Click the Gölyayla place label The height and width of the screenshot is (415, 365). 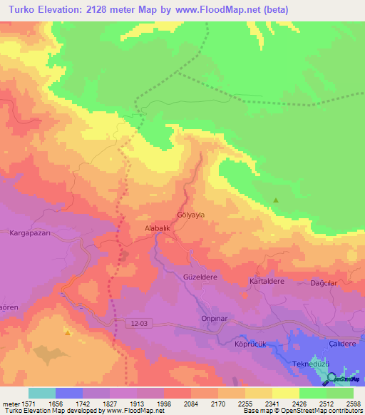pyautogui.click(x=190, y=214)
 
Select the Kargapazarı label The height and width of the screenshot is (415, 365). pyautogui.click(x=32, y=233)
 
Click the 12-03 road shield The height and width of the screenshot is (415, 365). pyautogui.click(x=141, y=323)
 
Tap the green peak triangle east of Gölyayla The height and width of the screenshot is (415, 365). pyautogui.click(x=276, y=200)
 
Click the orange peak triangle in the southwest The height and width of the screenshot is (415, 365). pyautogui.click(x=67, y=332)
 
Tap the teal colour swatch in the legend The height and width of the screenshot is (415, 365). pyautogui.click(x=41, y=393)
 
